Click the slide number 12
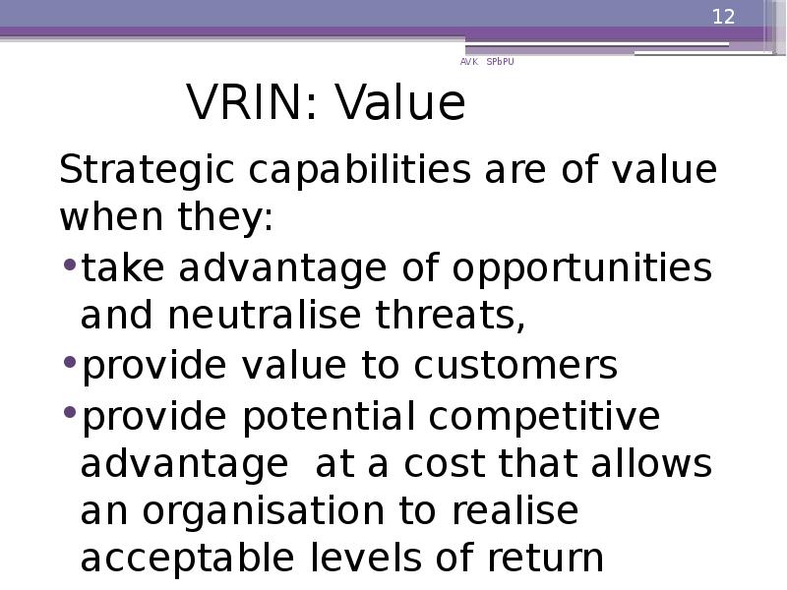click(723, 17)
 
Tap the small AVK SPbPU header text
click(486, 62)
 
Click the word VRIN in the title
click(244, 104)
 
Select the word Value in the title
click(397, 104)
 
